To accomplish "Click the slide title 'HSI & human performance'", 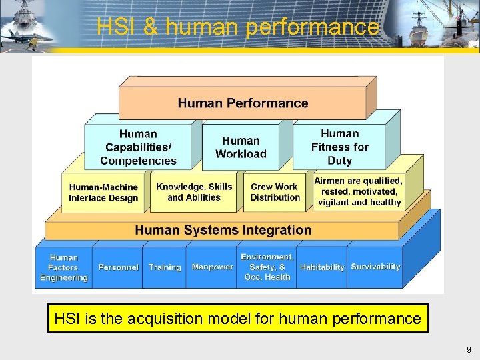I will click(x=238, y=27).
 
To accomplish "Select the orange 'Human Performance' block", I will click(x=243, y=103).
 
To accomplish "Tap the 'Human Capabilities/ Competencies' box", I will click(x=138, y=147).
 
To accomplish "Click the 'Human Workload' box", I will click(x=241, y=147).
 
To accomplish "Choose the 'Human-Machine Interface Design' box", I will click(x=103, y=193).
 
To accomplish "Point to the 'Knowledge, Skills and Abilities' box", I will click(x=194, y=192).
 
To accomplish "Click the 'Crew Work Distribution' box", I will click(x=275, y=192).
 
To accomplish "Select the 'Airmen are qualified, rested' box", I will click(x=359, y=192).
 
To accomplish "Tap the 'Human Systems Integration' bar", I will click(x=223, y=230).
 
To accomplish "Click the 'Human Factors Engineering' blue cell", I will click(x=64, y=267).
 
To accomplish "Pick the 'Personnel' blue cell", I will click(x=118, y=267).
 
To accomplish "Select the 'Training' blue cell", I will click(x=165, y=267).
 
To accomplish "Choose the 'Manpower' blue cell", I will click(x=212, y=267).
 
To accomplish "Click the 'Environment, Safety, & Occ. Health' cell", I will click(x=267, y=267).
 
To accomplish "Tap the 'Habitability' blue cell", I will click(x=322, y=267).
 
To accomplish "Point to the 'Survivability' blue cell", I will click(x=375, y=267).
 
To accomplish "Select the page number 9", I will click(x=469, y=349).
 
